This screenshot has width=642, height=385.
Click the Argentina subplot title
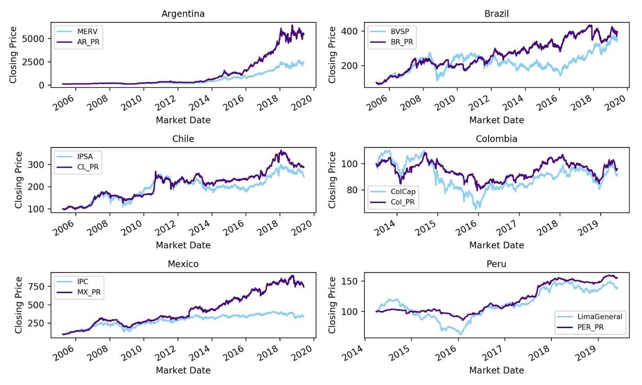pos(183,14)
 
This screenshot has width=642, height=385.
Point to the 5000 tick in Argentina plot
pos(35,39)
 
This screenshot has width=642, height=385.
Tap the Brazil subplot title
pos(496,14)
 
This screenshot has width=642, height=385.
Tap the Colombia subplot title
pos(496,139)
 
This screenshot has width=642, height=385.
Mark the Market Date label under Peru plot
pos(496,370)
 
